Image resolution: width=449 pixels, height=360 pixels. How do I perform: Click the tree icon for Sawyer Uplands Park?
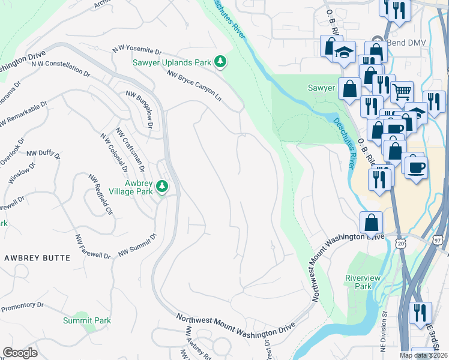221,61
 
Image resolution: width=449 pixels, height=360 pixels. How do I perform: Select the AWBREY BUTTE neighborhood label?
37,257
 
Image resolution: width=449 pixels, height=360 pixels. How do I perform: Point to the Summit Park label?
87,320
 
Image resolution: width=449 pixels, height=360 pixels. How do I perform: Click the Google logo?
20,353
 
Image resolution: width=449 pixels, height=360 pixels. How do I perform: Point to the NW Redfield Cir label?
101,194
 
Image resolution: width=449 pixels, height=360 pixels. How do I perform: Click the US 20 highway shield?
401,241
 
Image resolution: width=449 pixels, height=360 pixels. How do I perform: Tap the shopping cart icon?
402,92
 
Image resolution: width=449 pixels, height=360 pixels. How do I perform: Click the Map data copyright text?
423,355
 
